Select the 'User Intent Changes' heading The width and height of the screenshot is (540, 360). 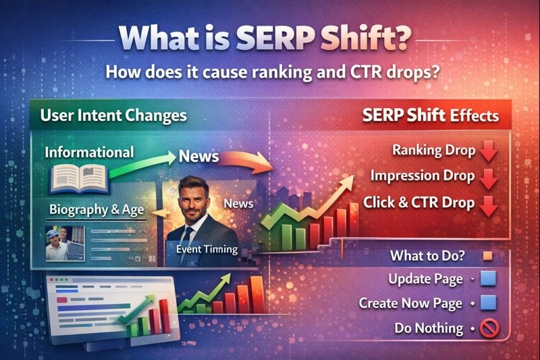tap(113, 115)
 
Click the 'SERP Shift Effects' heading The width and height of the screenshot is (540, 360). tap(431, 115)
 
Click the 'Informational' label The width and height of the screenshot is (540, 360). tap(89, 152)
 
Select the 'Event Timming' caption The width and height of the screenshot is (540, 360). tap(207, 249)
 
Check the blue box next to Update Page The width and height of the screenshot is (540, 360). tap(488, 279)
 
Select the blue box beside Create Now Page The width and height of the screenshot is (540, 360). tap(488, 303)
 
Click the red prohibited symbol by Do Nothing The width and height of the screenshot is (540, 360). tap(488, 328)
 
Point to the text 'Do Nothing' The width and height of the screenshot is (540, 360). tap(429, 328)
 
